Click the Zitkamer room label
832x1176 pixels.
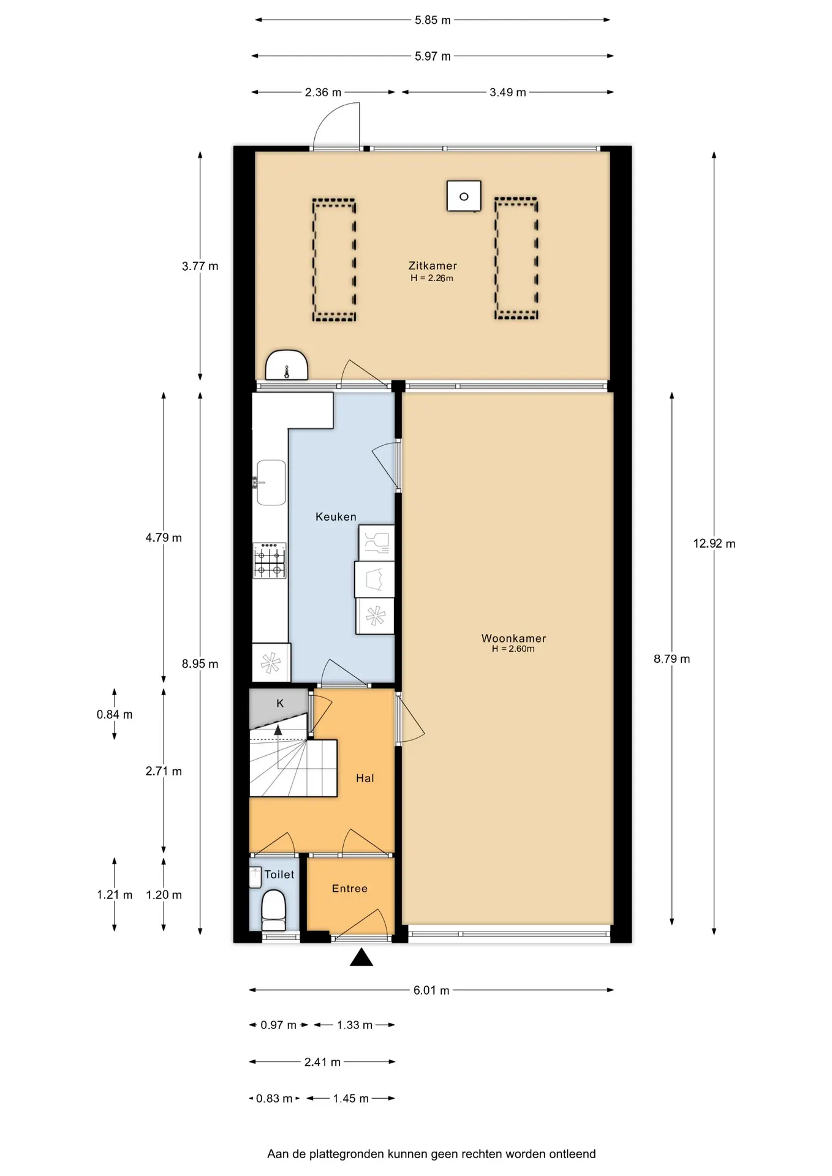click(x=433, y=266)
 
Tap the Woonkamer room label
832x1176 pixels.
click(x=513, y=638)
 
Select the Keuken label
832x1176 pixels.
click(x=336, y=517)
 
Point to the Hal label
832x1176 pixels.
click(x=365, y=778)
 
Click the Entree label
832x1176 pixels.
click(x=350, y=889)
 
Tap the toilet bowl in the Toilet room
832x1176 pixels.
click(x=273, y=910)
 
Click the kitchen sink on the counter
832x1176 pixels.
click(x=271, y=483)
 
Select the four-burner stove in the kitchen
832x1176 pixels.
click(x=270, y=560)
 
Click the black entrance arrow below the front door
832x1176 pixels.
click(x=361, y=957)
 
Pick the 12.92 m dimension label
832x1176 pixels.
click(x=714, y=543)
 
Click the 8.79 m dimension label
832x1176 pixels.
click(x=671, y=659)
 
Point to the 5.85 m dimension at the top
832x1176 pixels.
click(x=433, y=20)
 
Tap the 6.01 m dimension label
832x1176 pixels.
click(x=431, y=990)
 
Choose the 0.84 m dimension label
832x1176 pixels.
click(x=115, y=714)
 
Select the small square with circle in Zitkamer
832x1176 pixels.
click(x=464, y=196)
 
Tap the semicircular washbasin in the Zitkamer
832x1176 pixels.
click(x=286, y=366)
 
